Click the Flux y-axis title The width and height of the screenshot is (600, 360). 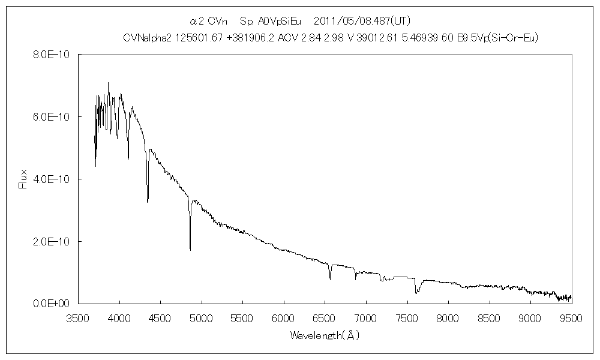click(x=23, y=179)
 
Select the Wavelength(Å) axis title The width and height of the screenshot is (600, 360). click(x=324, y=335)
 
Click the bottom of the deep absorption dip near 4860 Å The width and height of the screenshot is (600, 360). click(x=190, y=249)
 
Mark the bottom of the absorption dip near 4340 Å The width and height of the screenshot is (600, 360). click(x=148, y=202)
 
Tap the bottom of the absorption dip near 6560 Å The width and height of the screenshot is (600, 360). click(x=330, y=279)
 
